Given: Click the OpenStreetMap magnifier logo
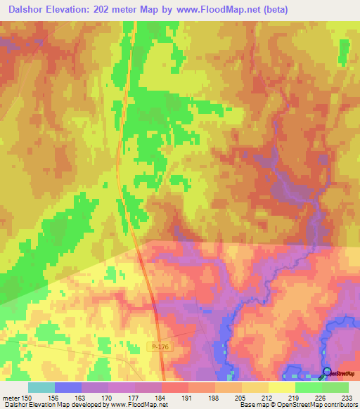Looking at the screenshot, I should [x=328, y=372].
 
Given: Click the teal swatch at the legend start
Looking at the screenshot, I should [x=41, y=387].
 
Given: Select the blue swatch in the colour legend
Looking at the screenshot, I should [x=68, y=387].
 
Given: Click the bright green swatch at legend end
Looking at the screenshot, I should [x=335, y=387].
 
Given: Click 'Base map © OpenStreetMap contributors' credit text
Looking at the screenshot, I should [x=297, y=404].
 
